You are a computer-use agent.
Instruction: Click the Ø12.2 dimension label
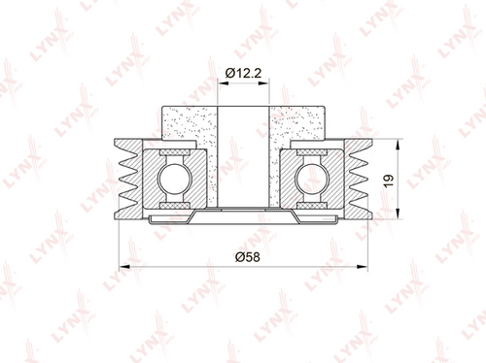coord(243,73)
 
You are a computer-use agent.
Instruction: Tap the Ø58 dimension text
coord(248,257)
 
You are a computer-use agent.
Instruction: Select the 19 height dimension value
coord(388,181)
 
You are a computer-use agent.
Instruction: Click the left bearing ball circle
coord(175,179)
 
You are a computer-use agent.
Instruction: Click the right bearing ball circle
coord(312,179)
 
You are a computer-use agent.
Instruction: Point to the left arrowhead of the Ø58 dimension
coord(124,267)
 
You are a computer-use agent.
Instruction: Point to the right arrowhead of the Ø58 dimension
coord(362,267)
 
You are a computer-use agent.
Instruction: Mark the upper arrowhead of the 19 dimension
coord(398,145)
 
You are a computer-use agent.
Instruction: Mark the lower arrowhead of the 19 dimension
coord(398,214)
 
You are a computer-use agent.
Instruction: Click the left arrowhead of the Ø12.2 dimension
coord(224,83)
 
